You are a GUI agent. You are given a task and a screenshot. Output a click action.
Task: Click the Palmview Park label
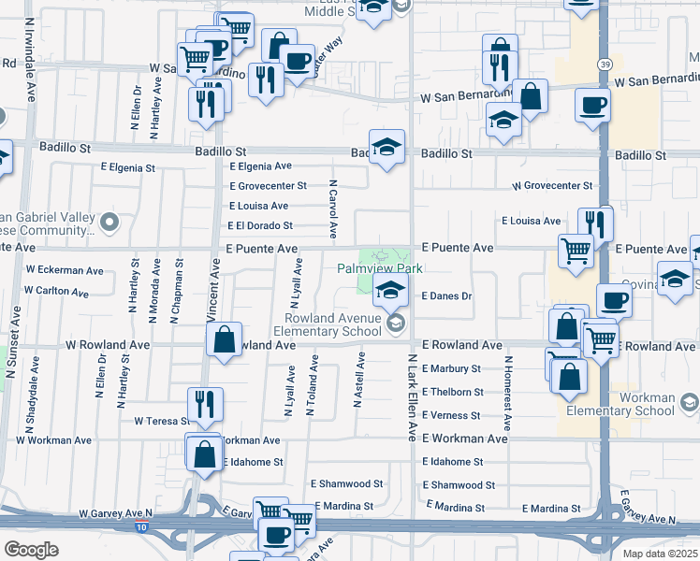pos(380,268)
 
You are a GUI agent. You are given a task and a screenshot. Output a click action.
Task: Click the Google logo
pos(31,549)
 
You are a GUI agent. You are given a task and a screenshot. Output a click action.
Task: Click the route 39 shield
pos(606,63)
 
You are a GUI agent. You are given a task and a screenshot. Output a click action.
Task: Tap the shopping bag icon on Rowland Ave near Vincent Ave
pos(225,340)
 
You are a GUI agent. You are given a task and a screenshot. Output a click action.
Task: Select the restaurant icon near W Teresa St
pos(205,404)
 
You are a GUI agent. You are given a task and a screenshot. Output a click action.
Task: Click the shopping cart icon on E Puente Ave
pos(576,249)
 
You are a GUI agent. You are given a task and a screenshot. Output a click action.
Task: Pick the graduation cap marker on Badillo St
pos(386,147)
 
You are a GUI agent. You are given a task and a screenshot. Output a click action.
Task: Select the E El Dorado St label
pos(260,225)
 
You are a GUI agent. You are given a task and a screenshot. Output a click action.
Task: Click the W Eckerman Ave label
pos(65,270)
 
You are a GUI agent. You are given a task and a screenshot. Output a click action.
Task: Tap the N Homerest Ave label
pos(506,385)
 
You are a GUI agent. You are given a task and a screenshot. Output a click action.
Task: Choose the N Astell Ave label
pos(357,380)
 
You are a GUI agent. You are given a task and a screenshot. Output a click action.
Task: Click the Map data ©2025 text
pos(661,553)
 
